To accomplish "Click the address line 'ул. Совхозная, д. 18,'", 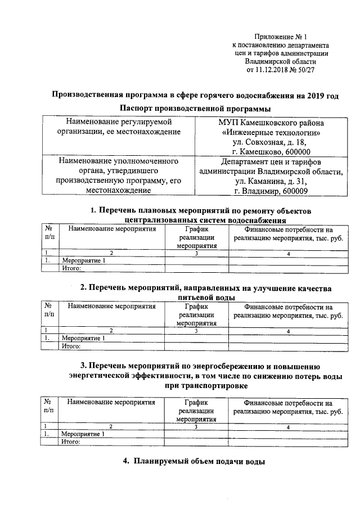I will pos(272,142).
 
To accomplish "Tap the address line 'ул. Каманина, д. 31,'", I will pos(272,182).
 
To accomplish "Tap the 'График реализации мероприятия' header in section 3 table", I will pos(196,411).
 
